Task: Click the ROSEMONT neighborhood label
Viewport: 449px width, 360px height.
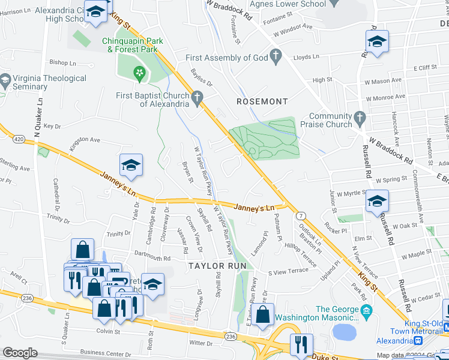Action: tap(262, 101)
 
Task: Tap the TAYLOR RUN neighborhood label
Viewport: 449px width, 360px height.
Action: tap(214, 265)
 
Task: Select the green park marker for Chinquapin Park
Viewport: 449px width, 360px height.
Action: tap(139, 74)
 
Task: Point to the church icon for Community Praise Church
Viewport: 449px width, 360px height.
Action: tap(360, 116)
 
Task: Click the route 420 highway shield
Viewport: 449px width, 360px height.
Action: tap(19, 139)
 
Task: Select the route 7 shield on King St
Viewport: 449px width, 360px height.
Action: tap(300, 215)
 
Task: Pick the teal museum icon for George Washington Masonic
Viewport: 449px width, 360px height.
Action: tap(366, 311)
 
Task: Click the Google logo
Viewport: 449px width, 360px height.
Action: tap(20, 353)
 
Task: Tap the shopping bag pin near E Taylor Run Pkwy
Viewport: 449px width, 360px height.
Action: tap(262, 314)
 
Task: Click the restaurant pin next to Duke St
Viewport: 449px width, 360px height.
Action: tap(301, 344)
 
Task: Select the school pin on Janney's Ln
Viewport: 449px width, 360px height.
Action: tap(131, 165)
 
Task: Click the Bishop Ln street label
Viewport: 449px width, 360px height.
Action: tap(63, 62)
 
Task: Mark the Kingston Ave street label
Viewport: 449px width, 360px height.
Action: tap(85, 140)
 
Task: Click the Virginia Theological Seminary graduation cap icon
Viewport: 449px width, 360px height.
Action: tap(5, 81)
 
